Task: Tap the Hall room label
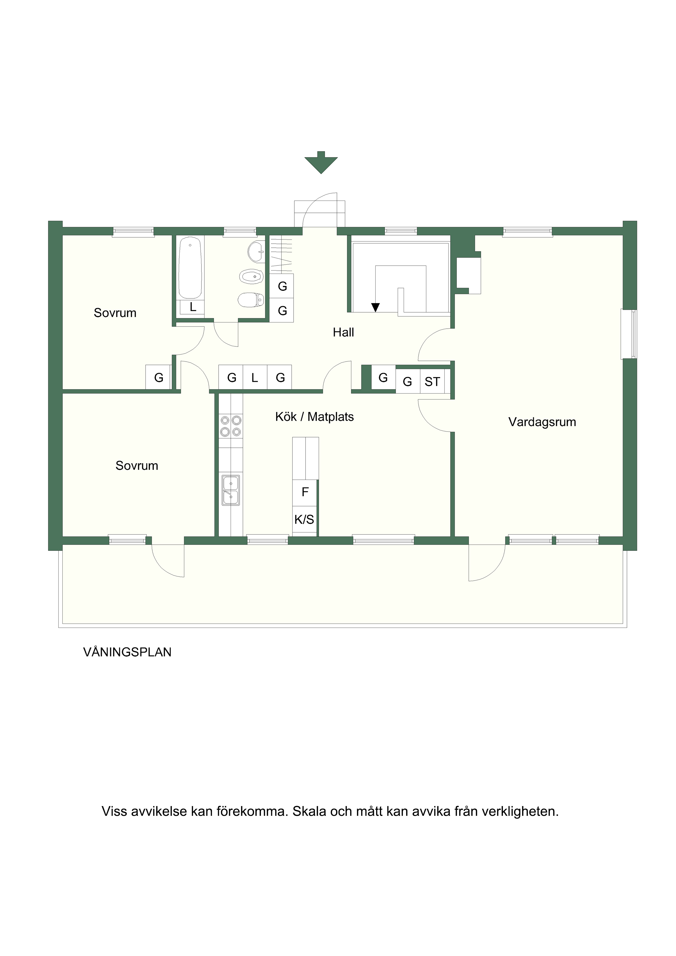[343, 332]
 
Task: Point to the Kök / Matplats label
[315, 417]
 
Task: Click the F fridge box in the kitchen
[305, 492]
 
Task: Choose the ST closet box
[432, 382]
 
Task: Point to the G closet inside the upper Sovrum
[158, 377]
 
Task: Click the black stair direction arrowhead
[375, 307]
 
